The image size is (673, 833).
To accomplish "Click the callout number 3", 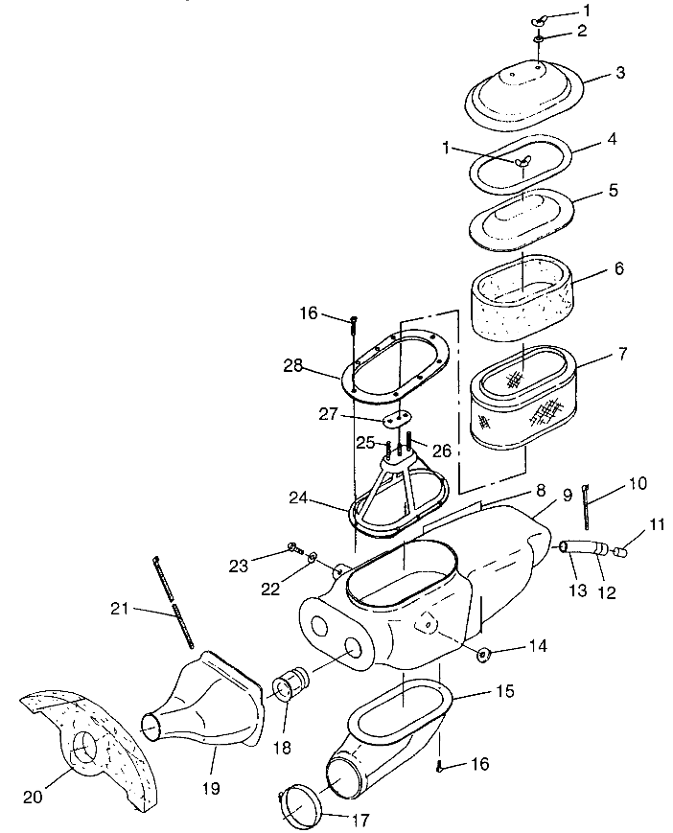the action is [620, 73].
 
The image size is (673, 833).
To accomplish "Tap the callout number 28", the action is [292, 366].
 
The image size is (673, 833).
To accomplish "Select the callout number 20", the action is [33, 797].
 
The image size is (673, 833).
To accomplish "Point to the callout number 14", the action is [538, 646].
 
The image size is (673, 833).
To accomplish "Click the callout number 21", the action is [120, 608].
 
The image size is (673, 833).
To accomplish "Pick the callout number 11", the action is [657, 524].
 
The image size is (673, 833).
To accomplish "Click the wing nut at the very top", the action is [538, 21].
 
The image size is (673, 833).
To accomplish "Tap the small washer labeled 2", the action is [538, 40].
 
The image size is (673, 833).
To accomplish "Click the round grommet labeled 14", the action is [482, 655].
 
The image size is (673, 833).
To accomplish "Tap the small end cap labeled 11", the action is [620, 552].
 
